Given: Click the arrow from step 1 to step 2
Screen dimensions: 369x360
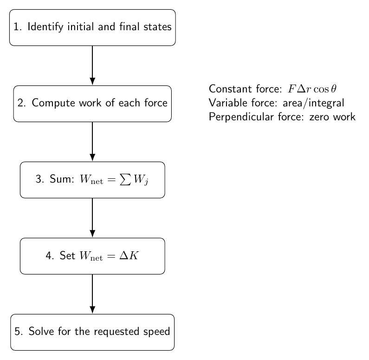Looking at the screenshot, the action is (92, 65).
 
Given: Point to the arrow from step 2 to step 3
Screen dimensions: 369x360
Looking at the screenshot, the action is (92, 142).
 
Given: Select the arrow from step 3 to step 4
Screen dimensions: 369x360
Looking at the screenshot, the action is (92, 218).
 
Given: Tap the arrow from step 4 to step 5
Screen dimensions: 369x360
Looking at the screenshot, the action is (92, 294).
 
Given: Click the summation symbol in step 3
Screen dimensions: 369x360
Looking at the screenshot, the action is (125, 180).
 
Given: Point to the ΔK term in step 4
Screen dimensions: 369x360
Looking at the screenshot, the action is (129, 255).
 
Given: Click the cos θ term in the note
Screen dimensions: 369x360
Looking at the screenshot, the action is (325, 89).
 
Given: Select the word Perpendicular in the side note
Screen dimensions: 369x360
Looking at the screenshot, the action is (241, 117).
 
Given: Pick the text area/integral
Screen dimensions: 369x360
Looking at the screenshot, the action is (313, 103).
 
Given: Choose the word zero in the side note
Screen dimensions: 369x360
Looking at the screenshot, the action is (320, 117).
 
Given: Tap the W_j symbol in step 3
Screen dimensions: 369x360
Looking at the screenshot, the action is (141, 180).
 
